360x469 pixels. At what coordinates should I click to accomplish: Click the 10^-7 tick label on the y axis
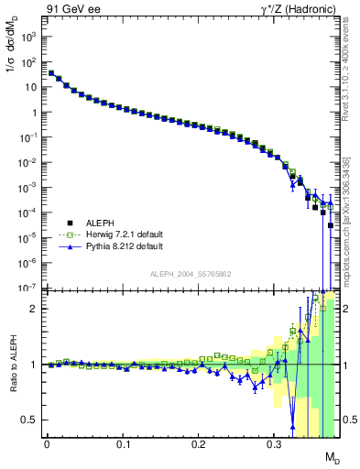click(x=28, y=288)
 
